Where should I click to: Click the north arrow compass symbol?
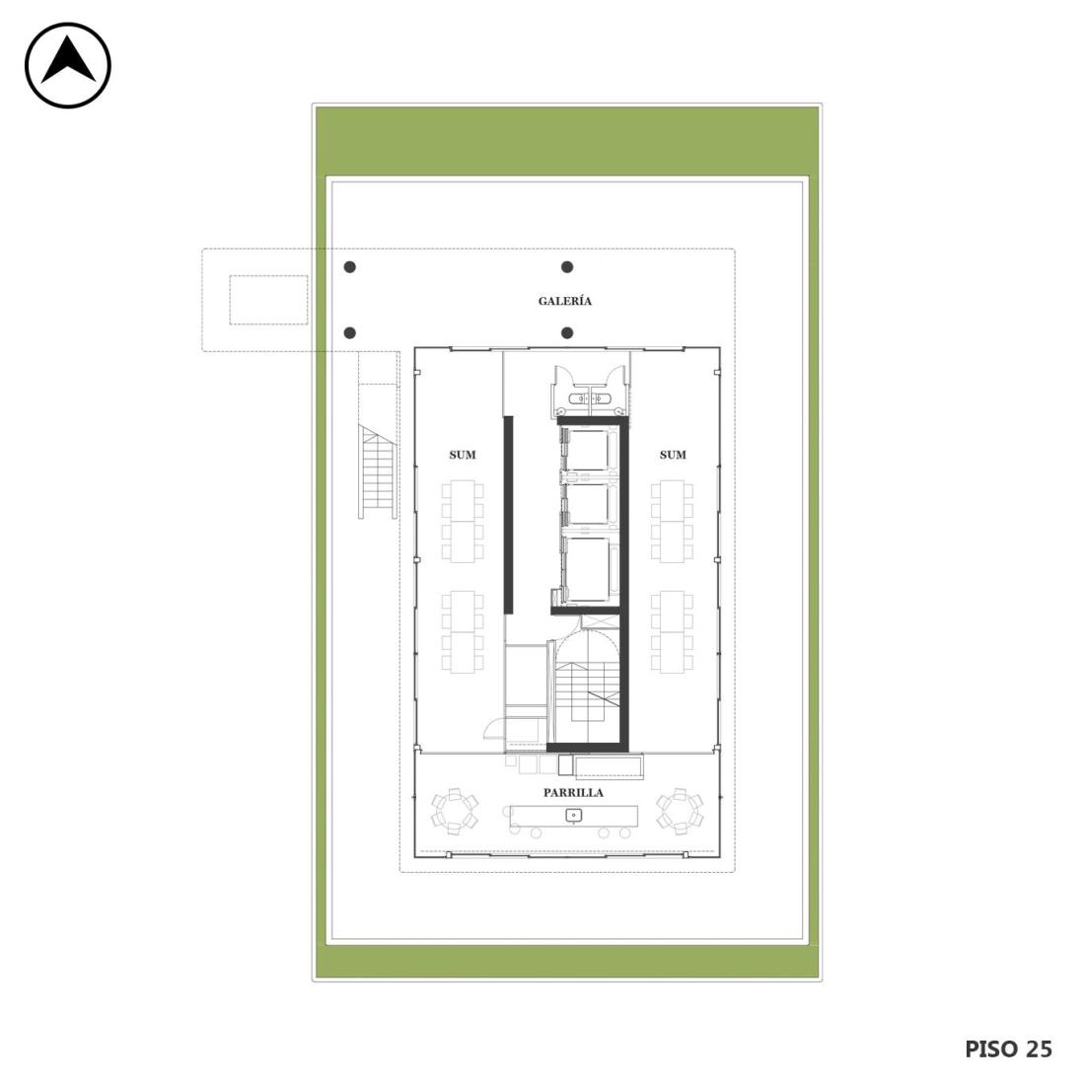pyautogui.click(x=68, y=65)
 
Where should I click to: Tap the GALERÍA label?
pyautogui.click(x=564, y=301)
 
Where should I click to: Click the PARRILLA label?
pyautogui.click(x=573, y=793)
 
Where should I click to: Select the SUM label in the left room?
pyautogui.click(x=463, y=455)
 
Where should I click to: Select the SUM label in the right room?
pyautogui.click(x=673, y=455)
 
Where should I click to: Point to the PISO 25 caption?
pyautogui.click(x=1008, y=1049)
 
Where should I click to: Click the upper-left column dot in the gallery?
pyautogui.click(x=350, y=267)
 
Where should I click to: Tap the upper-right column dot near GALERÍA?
pyautogui.click(x=567, y=267)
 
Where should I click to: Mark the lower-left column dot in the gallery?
pyautogui.click(x=350, y=332)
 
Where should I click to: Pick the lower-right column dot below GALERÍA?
pyautogui.click(x=567, y=332)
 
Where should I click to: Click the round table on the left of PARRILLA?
pyautogui.click(x=455, y=810)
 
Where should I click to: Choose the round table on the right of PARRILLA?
pyautogui.click(x=680, y=810)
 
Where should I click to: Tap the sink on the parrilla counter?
pyautogui.click(x=574, y=816)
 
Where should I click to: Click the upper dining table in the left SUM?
pyautogui.click(x=463, y=521)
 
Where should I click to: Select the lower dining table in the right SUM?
pyautogui.click(x=672, y=631)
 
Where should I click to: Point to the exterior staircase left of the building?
pyautogui.click(x=377, y=471)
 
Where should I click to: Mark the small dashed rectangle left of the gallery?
pyautogui.click(x=268, y=300)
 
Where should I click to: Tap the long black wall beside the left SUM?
pyautogui.click(x=508, y=515)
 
